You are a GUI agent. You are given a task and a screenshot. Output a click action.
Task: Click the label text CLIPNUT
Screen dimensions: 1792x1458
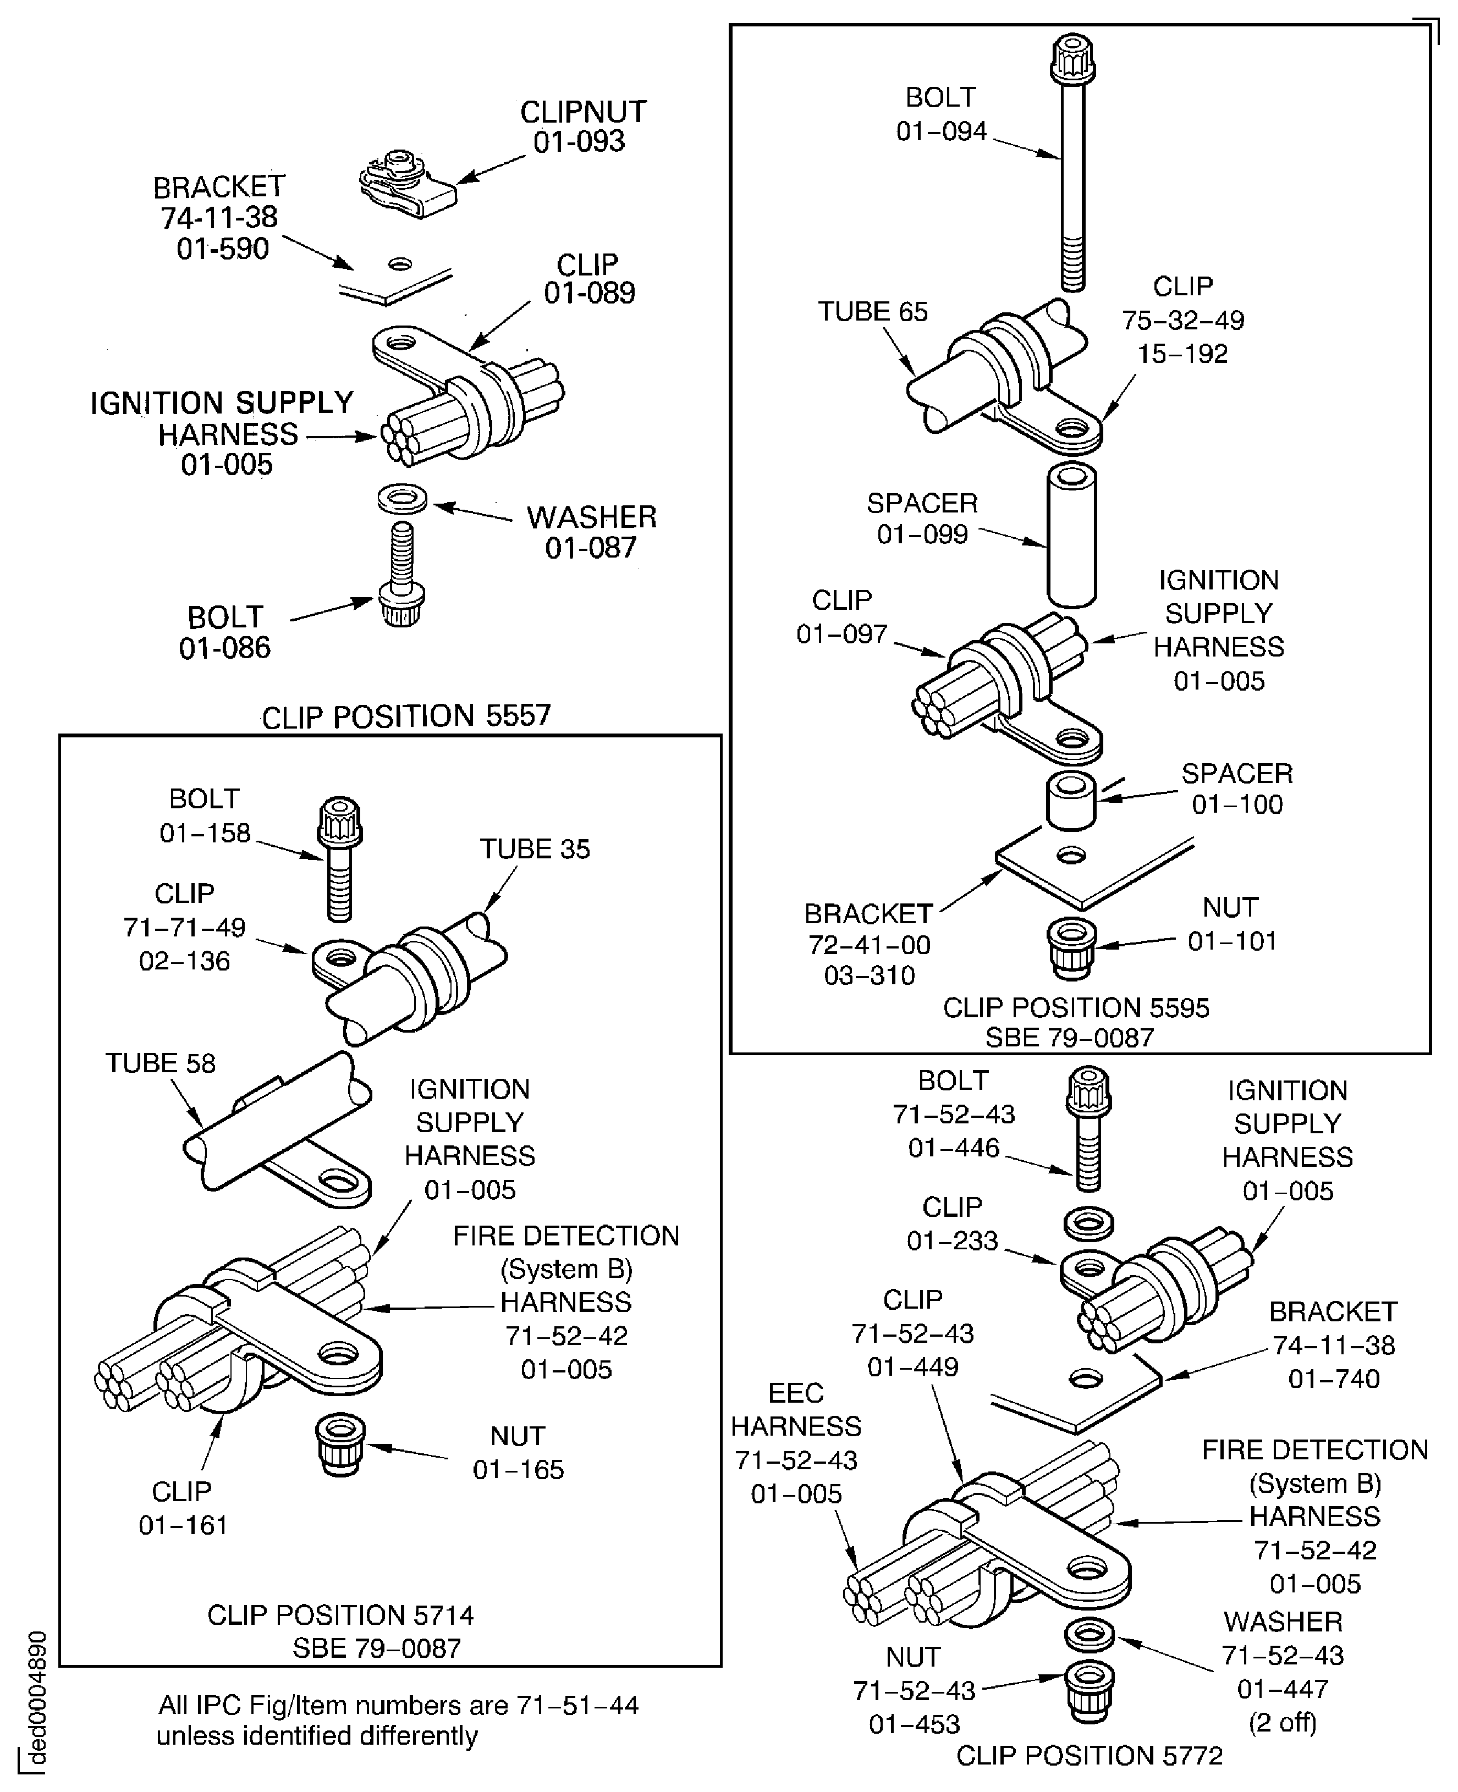tap(583, 112)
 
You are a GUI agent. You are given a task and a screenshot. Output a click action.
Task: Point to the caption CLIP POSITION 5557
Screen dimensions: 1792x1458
tap(406, 716)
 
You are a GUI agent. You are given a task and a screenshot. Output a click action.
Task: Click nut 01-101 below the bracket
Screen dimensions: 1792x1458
tap(1071, 947)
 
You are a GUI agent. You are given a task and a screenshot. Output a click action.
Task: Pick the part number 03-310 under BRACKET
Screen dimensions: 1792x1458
tap(870, 975)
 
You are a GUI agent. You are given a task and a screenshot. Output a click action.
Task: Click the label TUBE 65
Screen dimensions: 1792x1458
tap(873, 312)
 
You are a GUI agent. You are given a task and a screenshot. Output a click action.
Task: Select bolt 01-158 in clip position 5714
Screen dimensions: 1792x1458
tap(339, 857)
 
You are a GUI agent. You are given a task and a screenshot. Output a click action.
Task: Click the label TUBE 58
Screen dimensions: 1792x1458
tap(159, 1063)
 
